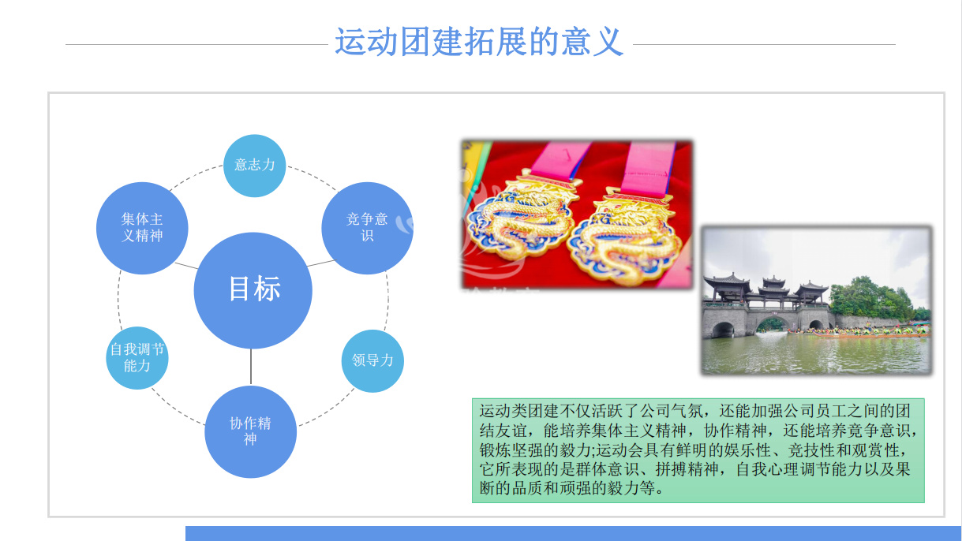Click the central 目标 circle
tap(253, 290)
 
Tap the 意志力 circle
tap(255, 166)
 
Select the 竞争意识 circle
tap(367, 228)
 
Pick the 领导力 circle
tap(372, 361)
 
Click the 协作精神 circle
tap(250, 431)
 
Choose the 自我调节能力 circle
tap(137, 358)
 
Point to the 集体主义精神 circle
tap(142, 228)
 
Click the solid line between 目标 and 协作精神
tap(251, 367)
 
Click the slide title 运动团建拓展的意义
tap(479, 42)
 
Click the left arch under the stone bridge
tap(723, 330)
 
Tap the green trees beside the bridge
tap(872, 298)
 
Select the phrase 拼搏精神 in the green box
tap(687, 469)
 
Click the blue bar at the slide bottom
tap(574, 534)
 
